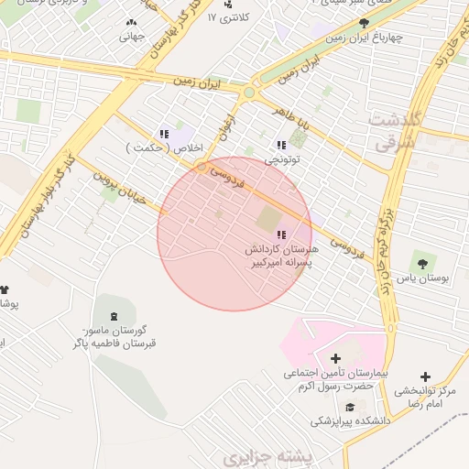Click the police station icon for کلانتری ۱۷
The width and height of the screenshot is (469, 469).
coord(228,5)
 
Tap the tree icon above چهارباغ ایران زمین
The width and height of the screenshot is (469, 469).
coord(365,23)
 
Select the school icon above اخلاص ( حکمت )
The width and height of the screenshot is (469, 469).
coord(164,134)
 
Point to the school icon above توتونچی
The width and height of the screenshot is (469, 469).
coord(281,145)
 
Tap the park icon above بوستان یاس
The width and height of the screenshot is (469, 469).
coord(422,260)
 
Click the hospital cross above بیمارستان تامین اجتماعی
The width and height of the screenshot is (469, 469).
coord(334,358)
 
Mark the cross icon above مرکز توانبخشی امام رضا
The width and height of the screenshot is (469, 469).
coord(425,376)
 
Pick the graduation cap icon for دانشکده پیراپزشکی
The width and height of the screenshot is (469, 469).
coord(349,407)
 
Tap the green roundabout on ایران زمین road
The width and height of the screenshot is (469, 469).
coord(249,92)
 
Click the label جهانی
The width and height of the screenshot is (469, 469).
coord(132,38)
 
